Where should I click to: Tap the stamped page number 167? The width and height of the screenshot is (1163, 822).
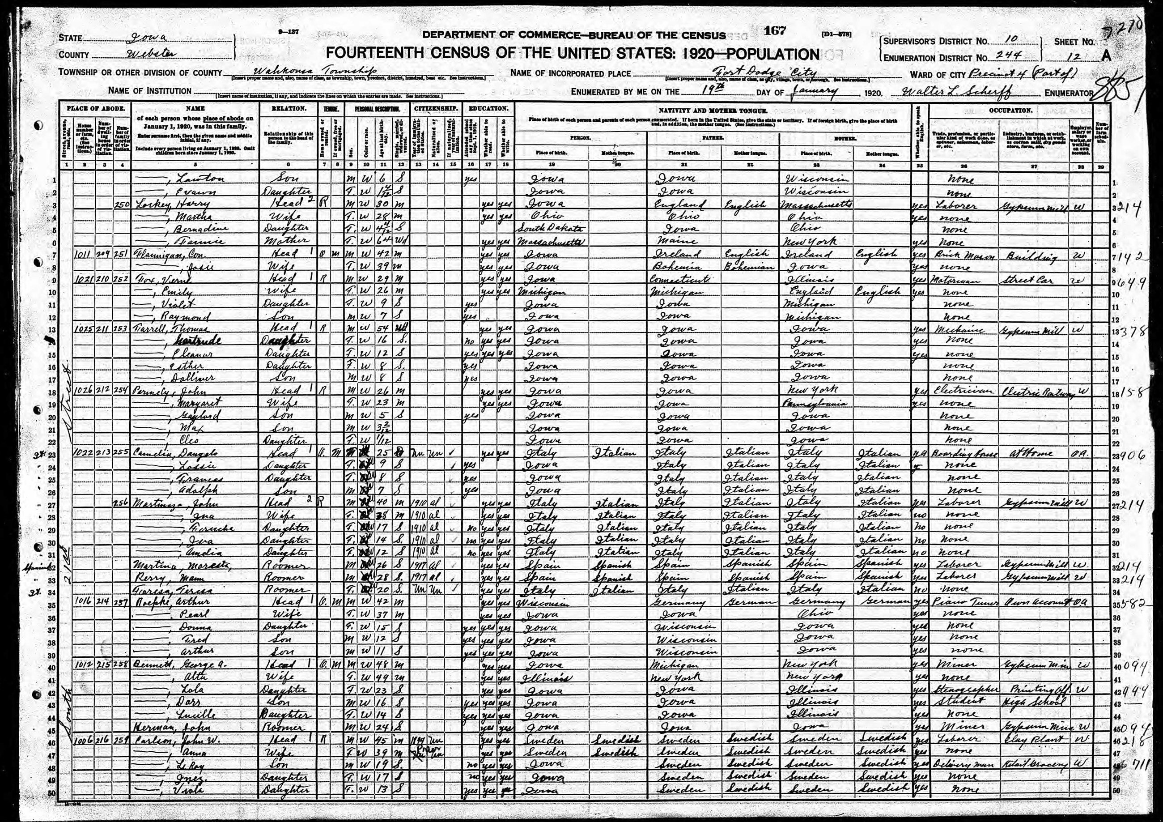click(x=775, y=31)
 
